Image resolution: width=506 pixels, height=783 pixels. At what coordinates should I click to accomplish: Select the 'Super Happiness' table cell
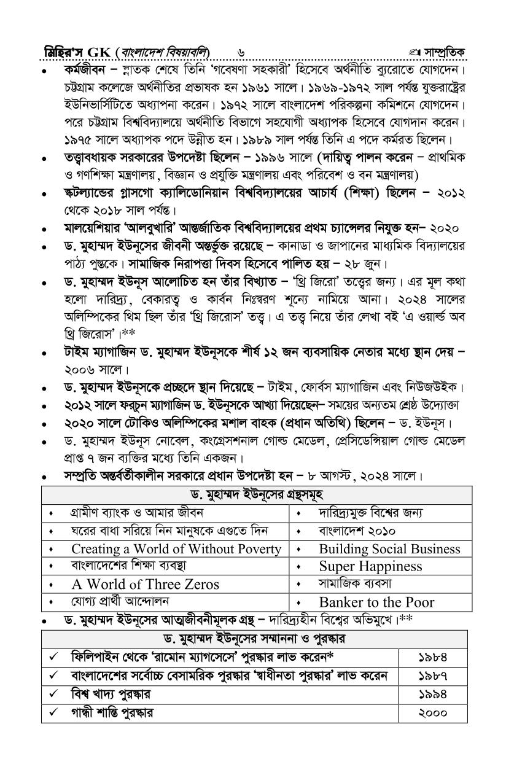click(x=370, y=566)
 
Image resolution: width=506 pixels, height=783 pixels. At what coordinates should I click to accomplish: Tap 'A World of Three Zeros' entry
click(x=145, y=584)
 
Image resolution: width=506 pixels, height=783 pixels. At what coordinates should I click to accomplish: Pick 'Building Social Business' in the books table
click(x=389, y=549)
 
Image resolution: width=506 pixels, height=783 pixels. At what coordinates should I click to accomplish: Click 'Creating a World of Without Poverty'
click(x=176, y=549)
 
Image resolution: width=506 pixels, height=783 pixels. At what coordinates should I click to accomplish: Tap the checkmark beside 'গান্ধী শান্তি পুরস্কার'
click(x=54, y=713)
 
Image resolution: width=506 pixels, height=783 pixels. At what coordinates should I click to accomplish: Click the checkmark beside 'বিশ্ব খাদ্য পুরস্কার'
click(x=54, y=695)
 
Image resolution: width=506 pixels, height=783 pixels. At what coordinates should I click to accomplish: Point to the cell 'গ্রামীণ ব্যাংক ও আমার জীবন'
click(x=132, y=513)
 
